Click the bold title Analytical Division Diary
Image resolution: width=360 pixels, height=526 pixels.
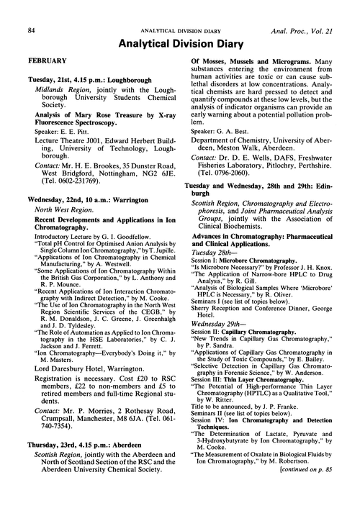tap(180, 27)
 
